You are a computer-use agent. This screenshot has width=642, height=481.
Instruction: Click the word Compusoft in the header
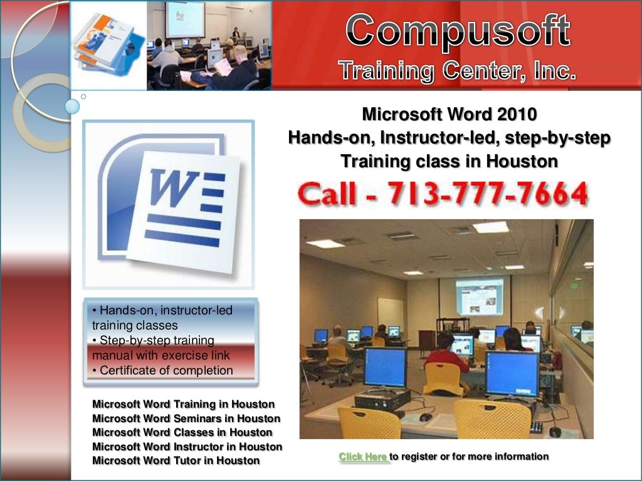(460, 32)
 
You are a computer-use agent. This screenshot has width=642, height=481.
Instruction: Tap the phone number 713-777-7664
(487, 195)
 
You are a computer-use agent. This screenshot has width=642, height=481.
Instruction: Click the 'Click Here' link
(364, 457)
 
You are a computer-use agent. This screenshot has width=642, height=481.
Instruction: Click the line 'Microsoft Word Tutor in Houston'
(176, 461)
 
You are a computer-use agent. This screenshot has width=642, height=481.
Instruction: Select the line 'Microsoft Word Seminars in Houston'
(186, 418)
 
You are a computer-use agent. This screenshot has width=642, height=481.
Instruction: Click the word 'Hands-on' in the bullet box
(121, 311)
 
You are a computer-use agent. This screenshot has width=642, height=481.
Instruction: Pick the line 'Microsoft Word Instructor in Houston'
(187, 447)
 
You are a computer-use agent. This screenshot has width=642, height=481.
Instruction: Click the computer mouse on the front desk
(426, 416)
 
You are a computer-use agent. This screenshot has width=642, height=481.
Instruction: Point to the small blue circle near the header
(73, 106)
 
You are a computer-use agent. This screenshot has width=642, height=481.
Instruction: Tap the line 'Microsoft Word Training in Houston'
(183, 404)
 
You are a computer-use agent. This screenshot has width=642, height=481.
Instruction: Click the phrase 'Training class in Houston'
(449, 162)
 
